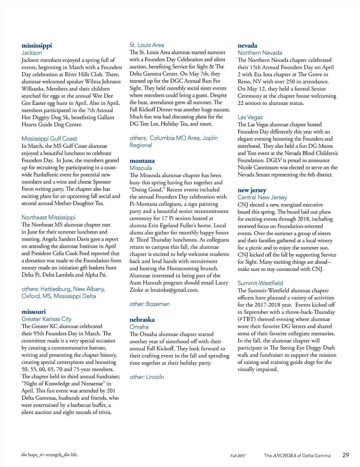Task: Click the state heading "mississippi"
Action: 37,46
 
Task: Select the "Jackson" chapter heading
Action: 31,53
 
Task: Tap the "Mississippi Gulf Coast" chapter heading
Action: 49,138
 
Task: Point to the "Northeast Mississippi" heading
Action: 48,217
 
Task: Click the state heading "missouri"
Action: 34,312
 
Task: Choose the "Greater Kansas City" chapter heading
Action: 46,319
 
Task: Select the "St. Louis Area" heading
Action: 147,45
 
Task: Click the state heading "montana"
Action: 142,161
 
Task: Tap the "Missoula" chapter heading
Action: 140,168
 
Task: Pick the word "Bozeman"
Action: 158,304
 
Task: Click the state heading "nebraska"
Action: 142,320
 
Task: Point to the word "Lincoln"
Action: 155,377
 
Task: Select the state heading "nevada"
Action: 247,46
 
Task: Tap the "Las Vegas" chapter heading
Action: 250,117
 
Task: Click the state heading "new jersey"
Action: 252,190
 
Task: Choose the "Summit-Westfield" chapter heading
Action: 260,283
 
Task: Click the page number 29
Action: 346,455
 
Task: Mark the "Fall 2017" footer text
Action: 238,456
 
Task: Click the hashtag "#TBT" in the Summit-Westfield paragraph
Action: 247,319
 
